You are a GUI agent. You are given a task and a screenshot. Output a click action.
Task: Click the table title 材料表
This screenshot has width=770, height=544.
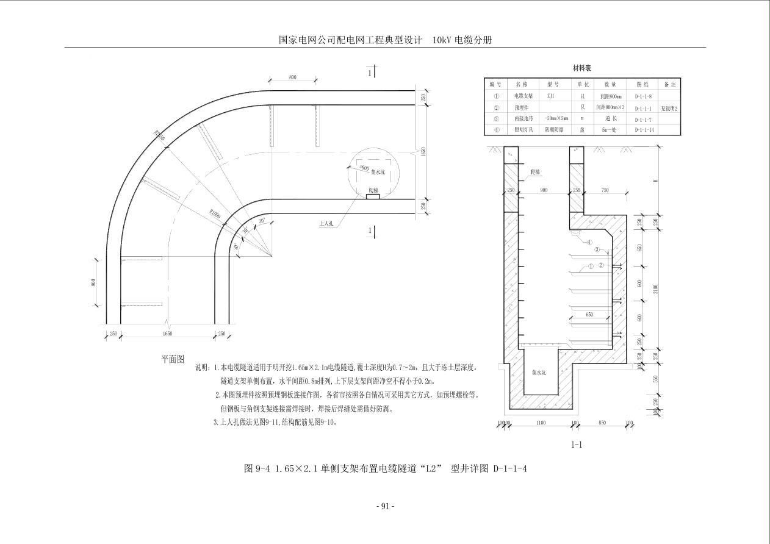[581, 68]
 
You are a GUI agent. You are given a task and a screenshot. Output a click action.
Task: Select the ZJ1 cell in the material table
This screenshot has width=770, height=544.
[550, 96]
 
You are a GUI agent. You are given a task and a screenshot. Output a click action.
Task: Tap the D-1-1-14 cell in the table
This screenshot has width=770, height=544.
[644, 130]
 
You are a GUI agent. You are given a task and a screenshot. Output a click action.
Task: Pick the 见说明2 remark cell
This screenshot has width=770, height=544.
[669, 108]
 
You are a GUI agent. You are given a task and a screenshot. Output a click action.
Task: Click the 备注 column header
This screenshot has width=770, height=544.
[669, 84]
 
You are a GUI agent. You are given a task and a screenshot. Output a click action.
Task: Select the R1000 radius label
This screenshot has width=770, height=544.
[215, 214]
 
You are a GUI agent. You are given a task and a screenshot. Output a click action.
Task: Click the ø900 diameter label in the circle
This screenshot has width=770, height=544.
[364, 167]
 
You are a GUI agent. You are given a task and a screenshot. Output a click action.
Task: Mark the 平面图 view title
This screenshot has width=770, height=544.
[172, 359]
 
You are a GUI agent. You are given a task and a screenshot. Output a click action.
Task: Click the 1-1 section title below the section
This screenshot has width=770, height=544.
[576, 445]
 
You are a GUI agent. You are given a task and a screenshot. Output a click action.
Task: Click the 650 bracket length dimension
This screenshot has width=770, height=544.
[589, 315]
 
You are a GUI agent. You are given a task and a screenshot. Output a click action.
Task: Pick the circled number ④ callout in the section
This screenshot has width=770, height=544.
[590, 242]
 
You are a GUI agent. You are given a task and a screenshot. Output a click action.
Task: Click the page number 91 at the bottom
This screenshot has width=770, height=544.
[385, 506]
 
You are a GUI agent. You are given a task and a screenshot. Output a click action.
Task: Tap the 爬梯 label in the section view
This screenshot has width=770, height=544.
[528, 175]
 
